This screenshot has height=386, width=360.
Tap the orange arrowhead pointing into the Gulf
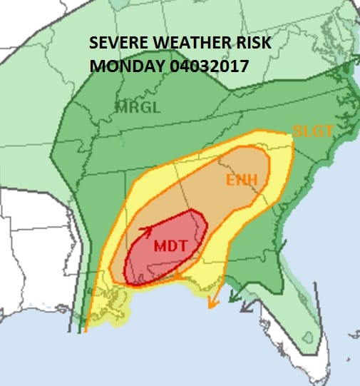212,304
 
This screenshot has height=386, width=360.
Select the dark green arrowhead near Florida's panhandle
246,308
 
